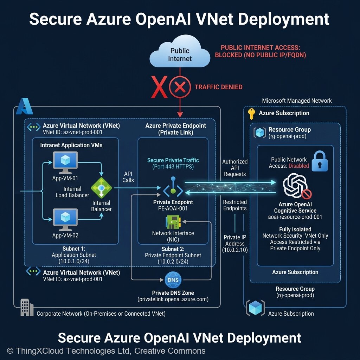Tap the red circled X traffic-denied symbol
(180, 88)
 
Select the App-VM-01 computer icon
(65, 162)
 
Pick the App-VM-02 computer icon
(65, 220)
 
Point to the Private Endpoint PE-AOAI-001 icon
(173, 190)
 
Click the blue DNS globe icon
(173, 280)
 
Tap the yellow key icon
(251, 114)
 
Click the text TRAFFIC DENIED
(218, 87)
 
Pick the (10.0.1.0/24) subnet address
(74, 261)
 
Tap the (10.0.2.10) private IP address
(235, 250)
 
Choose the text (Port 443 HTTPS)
(173, 167)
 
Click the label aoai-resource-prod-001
(295, 217)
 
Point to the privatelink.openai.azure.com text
(173, 300)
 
